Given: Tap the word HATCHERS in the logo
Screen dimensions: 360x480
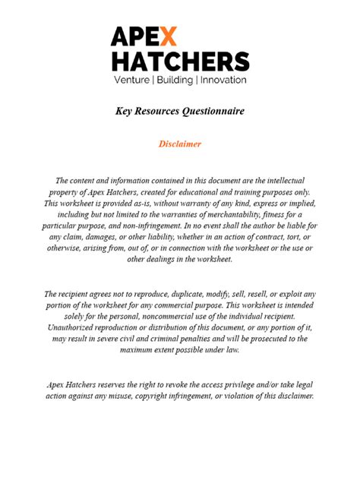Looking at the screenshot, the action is point(179,61).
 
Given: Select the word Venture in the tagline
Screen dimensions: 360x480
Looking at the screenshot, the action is point(134,79).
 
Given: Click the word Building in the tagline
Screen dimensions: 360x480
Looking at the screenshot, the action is point(175,79).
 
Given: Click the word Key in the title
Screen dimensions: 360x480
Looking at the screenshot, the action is point(124,111).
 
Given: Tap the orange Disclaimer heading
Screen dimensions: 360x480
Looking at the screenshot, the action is point(179,144).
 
